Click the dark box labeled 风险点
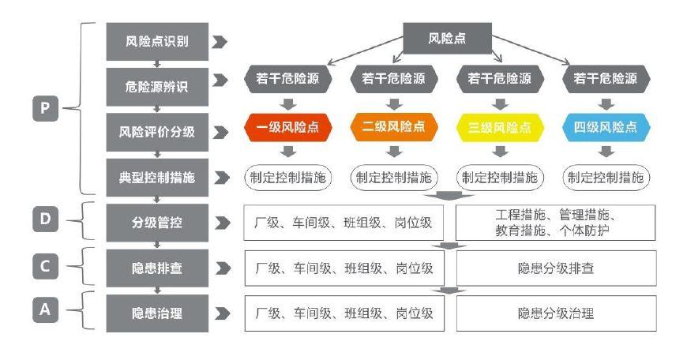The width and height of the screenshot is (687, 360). coord(448,37)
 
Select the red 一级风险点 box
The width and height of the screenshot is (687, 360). coord(287,127)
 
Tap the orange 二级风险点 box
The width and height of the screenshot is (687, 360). coord(393,127)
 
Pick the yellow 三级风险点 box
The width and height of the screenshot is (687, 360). coord(499,127)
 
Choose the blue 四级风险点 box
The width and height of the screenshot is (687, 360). coord(606,127)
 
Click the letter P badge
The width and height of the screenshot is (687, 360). coord(45,108)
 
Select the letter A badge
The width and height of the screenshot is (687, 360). coord(45,310)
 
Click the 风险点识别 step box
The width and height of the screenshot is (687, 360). coord(157,41)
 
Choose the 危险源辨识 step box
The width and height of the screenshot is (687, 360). coord(157,83)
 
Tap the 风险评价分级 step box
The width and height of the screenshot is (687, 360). coord(157,132)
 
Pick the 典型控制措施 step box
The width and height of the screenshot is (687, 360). coord(157,178)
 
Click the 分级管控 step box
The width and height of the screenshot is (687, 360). coord(157,223)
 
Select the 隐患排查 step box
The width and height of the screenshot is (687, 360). coord(157,268)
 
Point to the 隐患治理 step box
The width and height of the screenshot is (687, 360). coord(157,313)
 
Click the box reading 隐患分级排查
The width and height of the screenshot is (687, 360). coord(556,268)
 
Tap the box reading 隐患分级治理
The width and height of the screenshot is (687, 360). coord(556,313)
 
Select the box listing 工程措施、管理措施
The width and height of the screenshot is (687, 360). coord(556,223)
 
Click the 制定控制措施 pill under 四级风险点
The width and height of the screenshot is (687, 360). coord(606,178)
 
